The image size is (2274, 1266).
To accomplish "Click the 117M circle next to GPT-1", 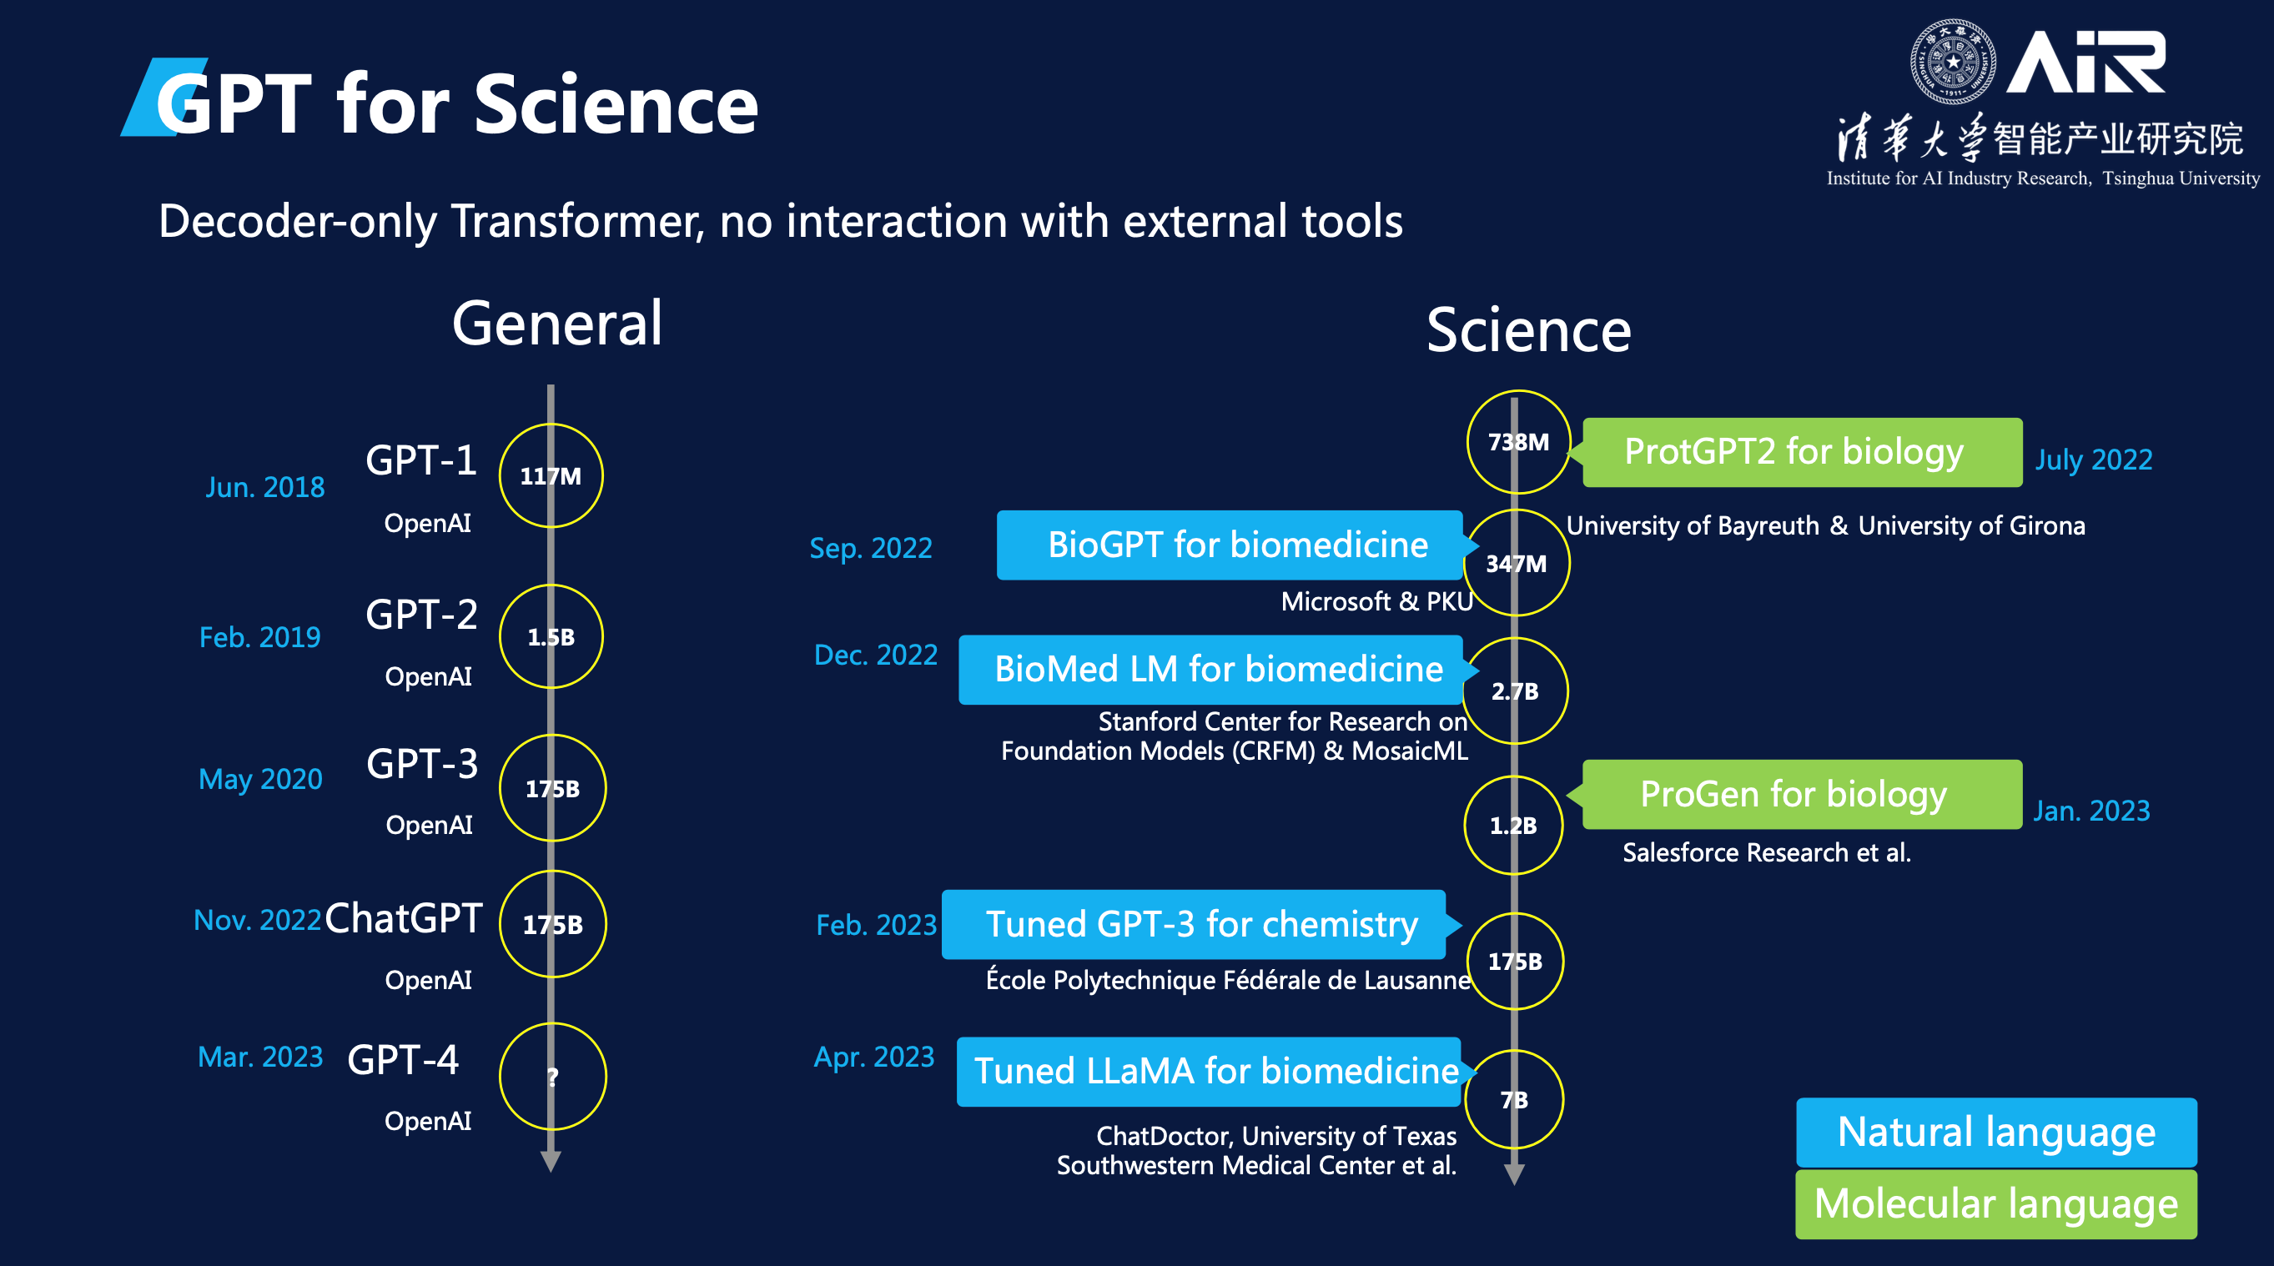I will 551,476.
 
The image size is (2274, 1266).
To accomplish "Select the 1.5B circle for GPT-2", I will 551,636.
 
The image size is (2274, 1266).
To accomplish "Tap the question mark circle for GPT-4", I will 552,1076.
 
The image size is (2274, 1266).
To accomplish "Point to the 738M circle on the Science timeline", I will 1518,441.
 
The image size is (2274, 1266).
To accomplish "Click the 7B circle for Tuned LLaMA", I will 1514,1099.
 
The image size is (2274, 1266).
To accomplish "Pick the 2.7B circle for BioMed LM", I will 1515,691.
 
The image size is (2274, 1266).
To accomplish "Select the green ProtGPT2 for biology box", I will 1801,452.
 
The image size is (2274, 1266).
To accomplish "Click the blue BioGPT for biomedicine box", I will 1230,545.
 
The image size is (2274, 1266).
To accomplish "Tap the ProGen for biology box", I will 1801,794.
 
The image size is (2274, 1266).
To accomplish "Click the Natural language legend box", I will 1996,1132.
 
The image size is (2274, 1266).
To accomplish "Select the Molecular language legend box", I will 1996,1203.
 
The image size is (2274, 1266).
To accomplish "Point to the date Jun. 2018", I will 264,487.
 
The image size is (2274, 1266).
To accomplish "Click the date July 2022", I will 2093,459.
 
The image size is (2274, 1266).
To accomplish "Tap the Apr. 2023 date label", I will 874,1057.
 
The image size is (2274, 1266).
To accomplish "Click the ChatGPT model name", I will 404,918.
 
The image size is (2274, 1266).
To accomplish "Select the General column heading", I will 557,323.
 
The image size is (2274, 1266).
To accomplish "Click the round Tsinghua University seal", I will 1953,62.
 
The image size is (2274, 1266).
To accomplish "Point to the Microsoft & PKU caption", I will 1376,601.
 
